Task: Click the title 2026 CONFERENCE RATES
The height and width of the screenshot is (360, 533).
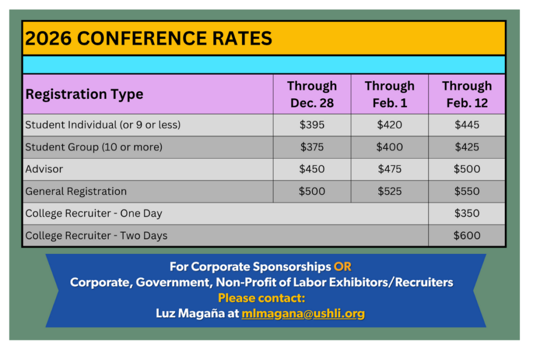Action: (x=148, y=38)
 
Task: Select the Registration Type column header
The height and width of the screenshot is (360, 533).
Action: (x=84, y=94)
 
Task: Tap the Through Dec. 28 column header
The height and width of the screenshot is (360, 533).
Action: (x=312, y=94)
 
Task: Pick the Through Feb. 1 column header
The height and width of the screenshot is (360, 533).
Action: (x=389, y=94)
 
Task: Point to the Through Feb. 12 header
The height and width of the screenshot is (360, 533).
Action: (x=467, y=94)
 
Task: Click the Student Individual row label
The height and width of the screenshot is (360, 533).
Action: (x=103, y=125)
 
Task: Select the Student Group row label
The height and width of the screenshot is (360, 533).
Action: (x=94, y=147)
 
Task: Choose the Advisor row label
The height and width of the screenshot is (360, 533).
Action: (x=44, y=169)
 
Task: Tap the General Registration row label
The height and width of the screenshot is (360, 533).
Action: (x=76, y=191)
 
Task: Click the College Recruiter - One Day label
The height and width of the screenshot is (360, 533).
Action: (x=94, y=214)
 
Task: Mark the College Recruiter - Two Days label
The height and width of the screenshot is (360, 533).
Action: (x=96, y=235)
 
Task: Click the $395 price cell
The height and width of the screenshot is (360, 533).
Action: (x=312, y=125)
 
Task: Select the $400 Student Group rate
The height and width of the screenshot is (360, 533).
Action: (x=389, y=147)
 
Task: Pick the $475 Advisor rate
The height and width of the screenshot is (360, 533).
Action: (x=389, y=169)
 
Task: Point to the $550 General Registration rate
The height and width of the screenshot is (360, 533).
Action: (x=467, y=191)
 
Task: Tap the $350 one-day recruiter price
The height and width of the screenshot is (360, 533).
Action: (x=467, y=214)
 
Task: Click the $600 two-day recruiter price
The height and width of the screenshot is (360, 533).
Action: (x=467, y=235)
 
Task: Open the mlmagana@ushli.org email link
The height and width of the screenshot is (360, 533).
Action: (x=303, y=314)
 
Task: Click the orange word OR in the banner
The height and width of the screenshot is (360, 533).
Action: (x=342, y=267)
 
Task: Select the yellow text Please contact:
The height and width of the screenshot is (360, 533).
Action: (x=261, y=298)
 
